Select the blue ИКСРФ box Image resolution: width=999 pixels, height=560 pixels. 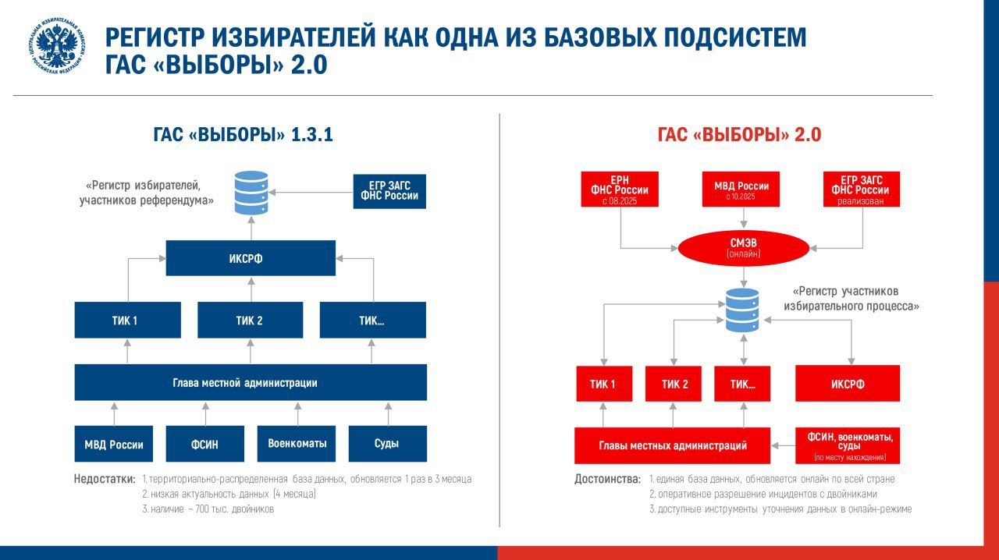pos(251,258)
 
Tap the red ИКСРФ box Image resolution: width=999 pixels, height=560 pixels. pos(848,384)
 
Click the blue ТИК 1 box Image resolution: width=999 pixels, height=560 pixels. pos(126,321)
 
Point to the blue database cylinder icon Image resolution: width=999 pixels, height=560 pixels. pos(251,193)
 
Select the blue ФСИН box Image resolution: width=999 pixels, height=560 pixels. pos(204,444)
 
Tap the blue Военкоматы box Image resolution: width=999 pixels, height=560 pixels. pos(297,443)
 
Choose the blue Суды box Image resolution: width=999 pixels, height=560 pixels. pos(387,443)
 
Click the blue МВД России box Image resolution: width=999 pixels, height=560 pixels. pos(114,444)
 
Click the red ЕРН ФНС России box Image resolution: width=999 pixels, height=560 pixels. pos(620,190)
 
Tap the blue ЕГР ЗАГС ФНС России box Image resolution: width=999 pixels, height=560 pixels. pos(389,190)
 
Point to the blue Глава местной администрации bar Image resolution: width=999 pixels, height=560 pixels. pos(251,383)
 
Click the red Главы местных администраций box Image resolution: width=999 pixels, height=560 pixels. pos(673,445)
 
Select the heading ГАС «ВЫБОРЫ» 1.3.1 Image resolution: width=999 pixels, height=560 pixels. pos(243,134)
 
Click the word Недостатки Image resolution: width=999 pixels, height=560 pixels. pos(105,479)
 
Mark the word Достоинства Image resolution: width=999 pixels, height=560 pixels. pos(606,479)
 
